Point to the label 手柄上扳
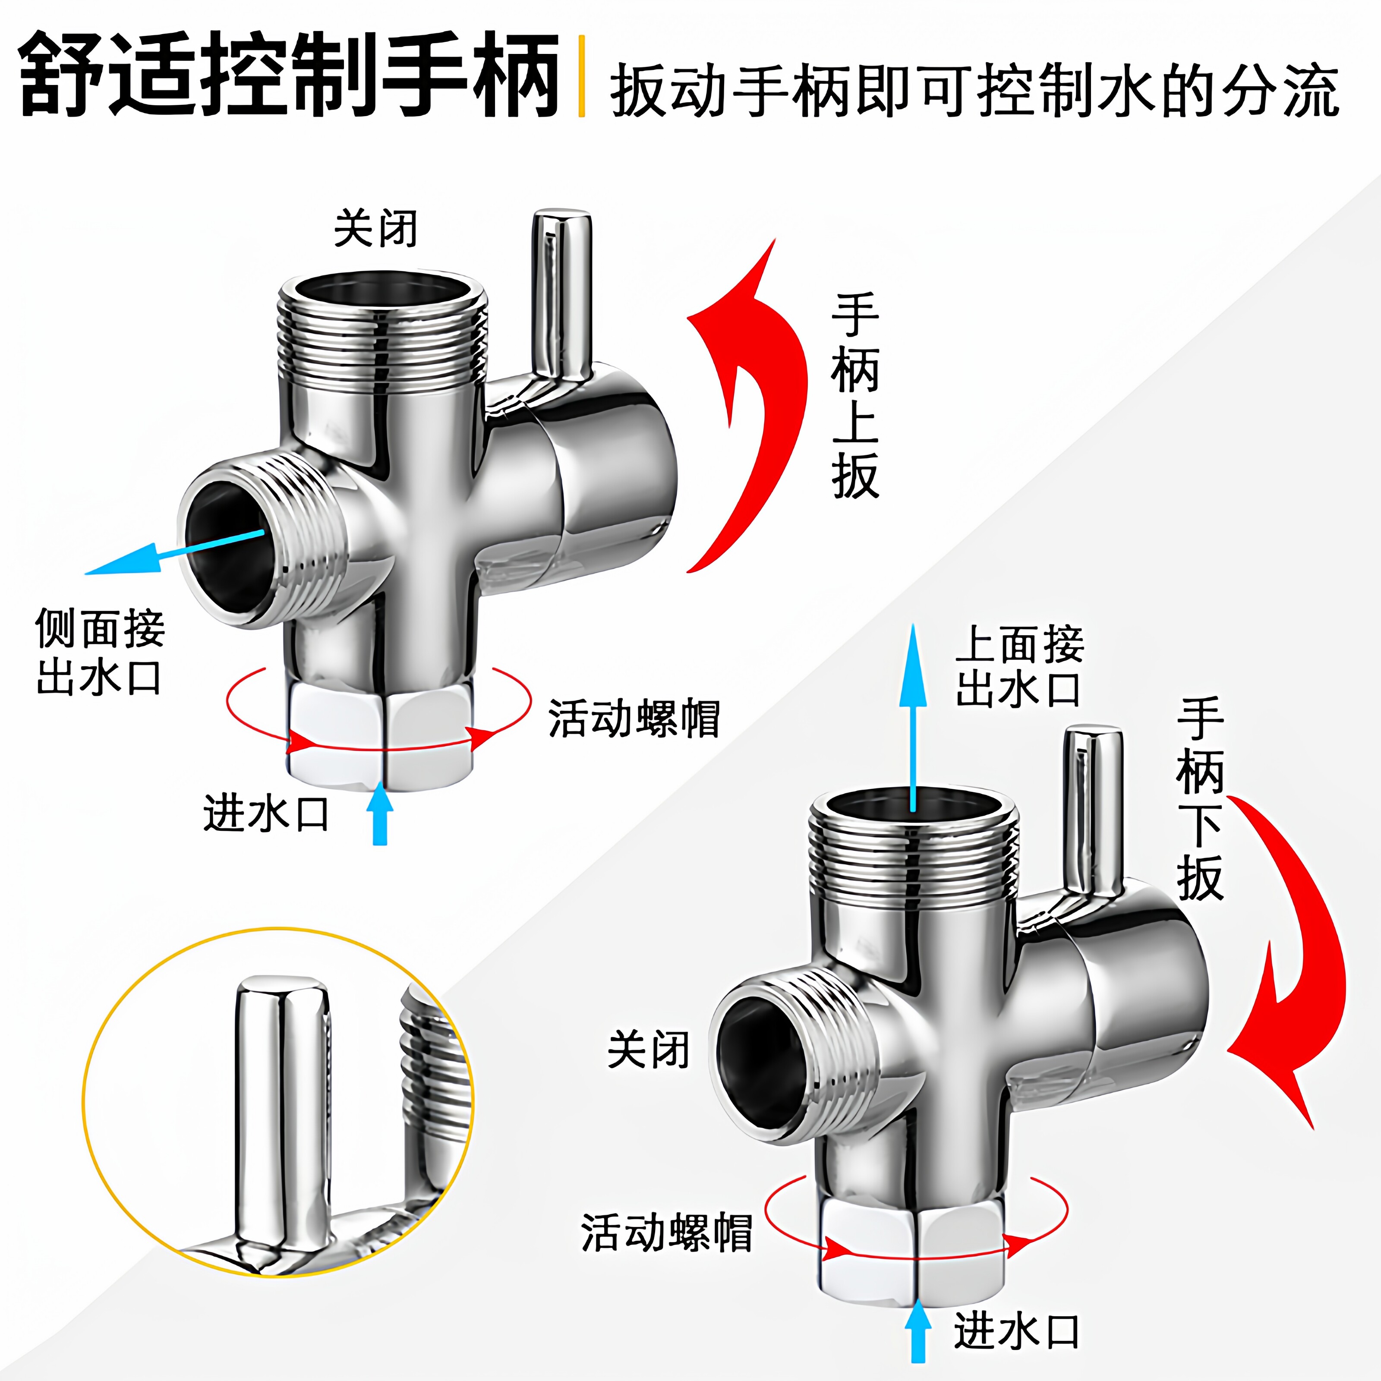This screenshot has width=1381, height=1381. (855, 396)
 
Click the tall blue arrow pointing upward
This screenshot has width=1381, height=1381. (913, 715)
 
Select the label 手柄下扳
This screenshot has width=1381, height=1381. (1200, 799)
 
